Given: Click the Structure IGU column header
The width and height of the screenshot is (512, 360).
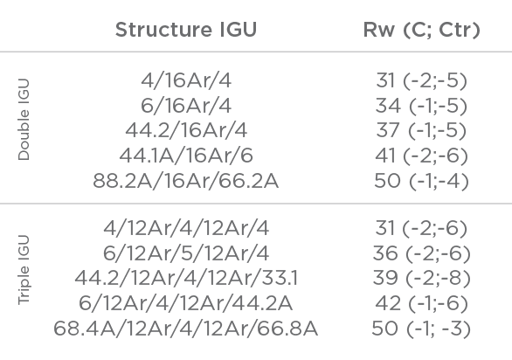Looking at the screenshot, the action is point(186,30).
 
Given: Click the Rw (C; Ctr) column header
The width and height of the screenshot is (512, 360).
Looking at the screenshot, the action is point(421,31).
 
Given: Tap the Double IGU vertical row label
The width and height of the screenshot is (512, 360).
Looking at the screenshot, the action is point(24,120).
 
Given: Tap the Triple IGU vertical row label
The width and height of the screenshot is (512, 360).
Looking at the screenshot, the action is point(24,270).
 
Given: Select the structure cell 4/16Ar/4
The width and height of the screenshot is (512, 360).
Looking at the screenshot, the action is point(186,80).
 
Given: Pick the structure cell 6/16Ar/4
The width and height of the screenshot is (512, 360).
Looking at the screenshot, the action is point(186,106).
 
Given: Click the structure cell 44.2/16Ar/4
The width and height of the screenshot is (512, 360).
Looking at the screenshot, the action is point(186,130).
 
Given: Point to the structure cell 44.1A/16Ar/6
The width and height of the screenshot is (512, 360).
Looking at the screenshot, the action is point(186,156).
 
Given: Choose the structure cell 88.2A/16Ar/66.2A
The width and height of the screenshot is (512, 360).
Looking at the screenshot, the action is point(186,181).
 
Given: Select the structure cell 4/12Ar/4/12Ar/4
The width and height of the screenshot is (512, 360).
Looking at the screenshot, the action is point(186,228).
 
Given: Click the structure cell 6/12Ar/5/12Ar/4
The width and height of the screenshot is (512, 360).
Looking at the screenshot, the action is point(186,253).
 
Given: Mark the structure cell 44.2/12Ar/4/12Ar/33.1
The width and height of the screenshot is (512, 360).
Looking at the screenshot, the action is point(186,279).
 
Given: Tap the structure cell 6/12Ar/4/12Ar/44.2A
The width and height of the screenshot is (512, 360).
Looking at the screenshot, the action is point(186,303).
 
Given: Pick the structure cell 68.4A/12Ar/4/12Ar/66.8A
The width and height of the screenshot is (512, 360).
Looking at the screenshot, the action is point(186,329).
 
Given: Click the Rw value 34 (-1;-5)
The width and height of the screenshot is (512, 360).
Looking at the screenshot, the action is point(421,106).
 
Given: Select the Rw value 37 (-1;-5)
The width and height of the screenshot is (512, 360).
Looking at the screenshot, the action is point(421,130).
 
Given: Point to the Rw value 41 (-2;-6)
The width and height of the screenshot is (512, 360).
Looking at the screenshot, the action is point(421,156).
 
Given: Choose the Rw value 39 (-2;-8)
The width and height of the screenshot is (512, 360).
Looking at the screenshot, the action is point(421,279).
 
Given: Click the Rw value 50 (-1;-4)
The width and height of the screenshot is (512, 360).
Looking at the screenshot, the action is point(421,181).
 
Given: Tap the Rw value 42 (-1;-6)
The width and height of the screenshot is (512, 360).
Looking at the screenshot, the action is point(421,303).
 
